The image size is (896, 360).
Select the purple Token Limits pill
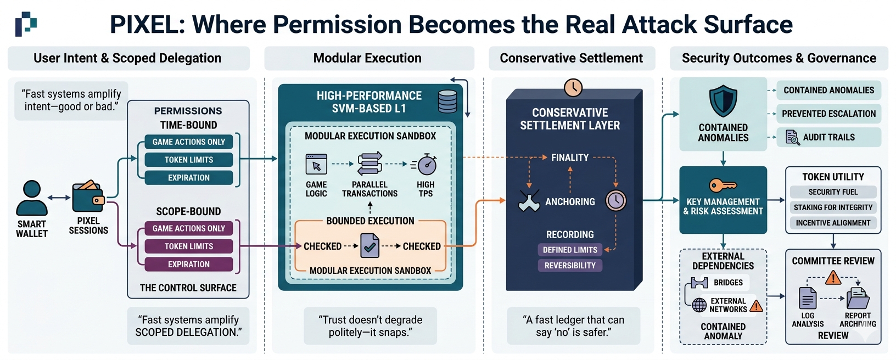point(188,246)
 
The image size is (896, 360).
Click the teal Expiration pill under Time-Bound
point(188,178)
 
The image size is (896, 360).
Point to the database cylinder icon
point(447,101)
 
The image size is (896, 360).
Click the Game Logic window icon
point(316,164)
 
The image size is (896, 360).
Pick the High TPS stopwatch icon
point(427,165)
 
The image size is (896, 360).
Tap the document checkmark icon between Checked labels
point(369,246)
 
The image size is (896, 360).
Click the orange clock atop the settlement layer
point(573,88)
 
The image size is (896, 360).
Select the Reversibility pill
point(570,266)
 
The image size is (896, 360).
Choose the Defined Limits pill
point(570,250)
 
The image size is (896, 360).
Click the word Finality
point(570,157)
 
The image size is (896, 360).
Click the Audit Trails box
point(828,137)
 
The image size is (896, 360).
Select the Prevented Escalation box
point(828,114)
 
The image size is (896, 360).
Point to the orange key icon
point(723,185)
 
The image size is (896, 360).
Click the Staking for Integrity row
point(833,207)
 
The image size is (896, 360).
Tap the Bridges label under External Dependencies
point(728,283)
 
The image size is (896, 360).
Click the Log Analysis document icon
point(807,299)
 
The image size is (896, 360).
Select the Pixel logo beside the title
point(25,24)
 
